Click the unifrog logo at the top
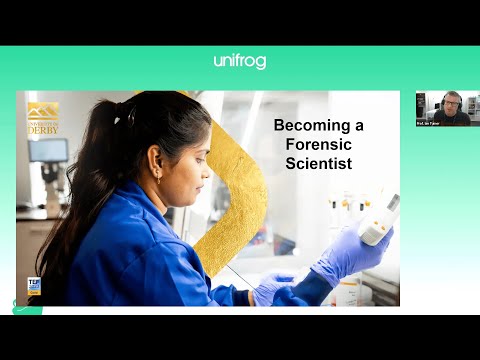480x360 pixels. point(239,61)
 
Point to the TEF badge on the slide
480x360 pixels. point(34,286)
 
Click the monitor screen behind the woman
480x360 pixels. point(49,151)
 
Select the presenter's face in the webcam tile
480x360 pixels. point(453,102)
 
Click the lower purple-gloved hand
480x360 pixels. point(272,290)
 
